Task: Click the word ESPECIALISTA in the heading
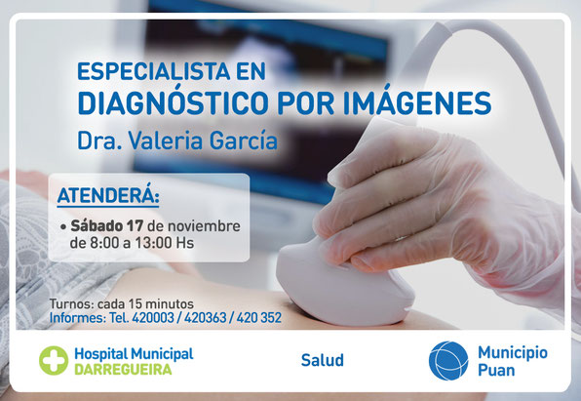coord(154,71)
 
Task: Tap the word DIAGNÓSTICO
coord(173,102)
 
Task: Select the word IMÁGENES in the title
coord(417,102)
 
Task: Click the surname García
coord(244,140)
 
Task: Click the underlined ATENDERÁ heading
coord(108,195)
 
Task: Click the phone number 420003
coord(153,318)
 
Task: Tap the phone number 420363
coord(206,318)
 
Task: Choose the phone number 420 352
coord(259,318)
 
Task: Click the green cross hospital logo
coord(54,360)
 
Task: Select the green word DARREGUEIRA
coord(123,370)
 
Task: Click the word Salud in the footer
coord(323,360)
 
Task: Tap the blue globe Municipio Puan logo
coord(448,361)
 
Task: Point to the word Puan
coord(496,370)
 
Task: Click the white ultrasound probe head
coord(343,282)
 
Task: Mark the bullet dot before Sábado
coord(63,226)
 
